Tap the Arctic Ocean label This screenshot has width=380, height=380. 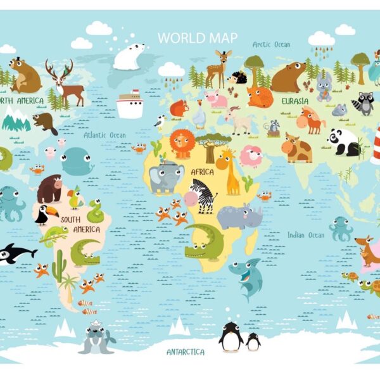[271, 44]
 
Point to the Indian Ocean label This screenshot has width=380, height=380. [305, 235]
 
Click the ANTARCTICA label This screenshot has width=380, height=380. [186, 351]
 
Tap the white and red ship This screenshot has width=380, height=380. [130, 104]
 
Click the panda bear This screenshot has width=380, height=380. [344, 142]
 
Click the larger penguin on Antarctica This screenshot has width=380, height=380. [231, 336]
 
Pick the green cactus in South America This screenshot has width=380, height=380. [59, 265]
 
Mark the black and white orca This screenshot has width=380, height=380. [16, 253]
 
